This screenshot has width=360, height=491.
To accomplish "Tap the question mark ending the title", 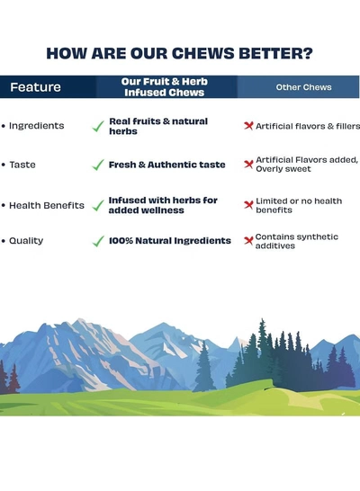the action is pyautogui.click(x=308, y=53).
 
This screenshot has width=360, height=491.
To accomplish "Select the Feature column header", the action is pyautogui.click(x=35, y=87).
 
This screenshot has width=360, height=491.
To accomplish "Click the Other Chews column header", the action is pyautogui.click(x=303, y=87).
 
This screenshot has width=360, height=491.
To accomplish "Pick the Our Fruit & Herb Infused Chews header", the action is pyautogui.click(x=164, y=87).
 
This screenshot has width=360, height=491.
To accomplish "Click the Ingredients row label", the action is pyautogui.click(x=37, y=126).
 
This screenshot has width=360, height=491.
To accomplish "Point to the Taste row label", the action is pyautogui.click(x=22, y=165).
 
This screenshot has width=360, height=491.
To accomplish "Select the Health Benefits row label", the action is pyautogui.click(x=47, y=205).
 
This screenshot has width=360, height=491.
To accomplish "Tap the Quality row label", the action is pyautogui.click(x=26, y=241).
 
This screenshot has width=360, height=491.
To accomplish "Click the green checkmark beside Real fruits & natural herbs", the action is pyautogui.click(x=98, y=126).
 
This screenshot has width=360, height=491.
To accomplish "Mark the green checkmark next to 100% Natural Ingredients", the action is pyautogui.click(x=98, y=241).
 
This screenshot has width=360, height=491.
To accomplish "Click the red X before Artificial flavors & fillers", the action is pyautogui.click(x=248, y=126).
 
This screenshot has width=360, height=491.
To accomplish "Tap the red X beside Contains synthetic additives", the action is pyautogui.click(x=248, y=240).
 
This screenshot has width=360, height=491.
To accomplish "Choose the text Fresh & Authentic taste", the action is pyautogui.click(x=167, y=165).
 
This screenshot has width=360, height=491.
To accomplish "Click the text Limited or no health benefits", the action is pyautogui.click(x=299, y=205).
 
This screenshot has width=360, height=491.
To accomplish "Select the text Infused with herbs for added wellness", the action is pyautogui.click(x=163, y=205).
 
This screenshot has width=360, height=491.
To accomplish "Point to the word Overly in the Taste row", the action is pyautogui.click(x=266, y=169).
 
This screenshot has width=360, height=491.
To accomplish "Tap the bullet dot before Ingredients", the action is pyautogui.click(x=4, y=126).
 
